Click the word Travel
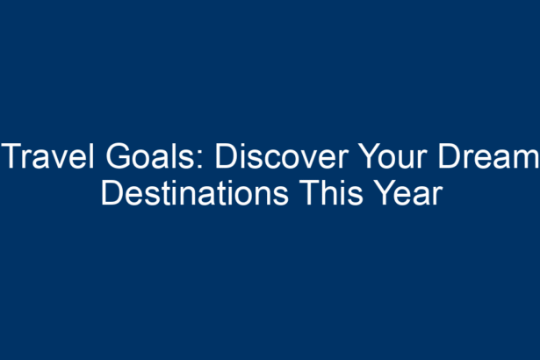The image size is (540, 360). tap(47, 156)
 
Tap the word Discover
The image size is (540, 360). tap(282, 156)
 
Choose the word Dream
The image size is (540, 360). tap(488, 156)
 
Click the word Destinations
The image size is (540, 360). tap(195, 193)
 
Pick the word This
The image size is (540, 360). tap(331, 193)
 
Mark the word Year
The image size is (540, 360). tap(408, 193)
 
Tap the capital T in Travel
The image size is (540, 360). tap(12, 156)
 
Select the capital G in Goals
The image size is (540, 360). tap(118, 156)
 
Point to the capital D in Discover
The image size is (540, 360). tap(227, 156)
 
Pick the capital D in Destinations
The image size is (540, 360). tap(112, 193)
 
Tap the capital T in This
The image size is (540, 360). tap(310, 193)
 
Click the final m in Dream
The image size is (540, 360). tap(525, 160)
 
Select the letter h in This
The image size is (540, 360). tap(331, 193)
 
